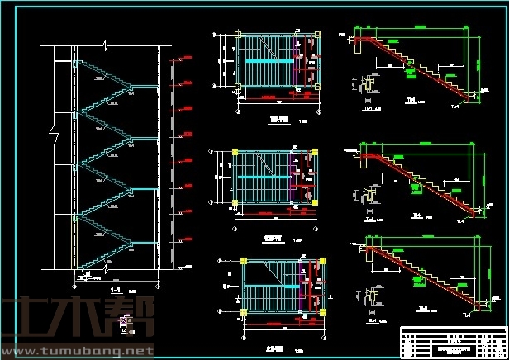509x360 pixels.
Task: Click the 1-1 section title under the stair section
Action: (x=116, y=290)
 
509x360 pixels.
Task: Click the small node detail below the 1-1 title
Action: (x=124, y=322)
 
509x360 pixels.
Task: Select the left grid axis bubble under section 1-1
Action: (x=75, y=285)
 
